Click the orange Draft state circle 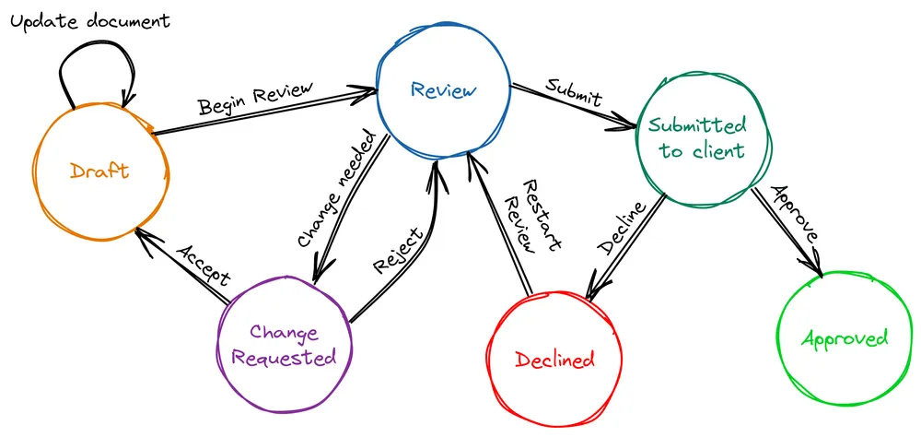pos(99,171)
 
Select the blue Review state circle pos(443,90)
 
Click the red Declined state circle pos(554,360)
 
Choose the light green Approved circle pos(845,339)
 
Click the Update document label pos(89,19)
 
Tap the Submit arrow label pos(573,92)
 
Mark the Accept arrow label pos(202,266)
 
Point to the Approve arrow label pos(795,214)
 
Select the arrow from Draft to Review pos(267,112)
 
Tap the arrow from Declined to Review pos(502,230)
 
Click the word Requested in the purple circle pos(284,358)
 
